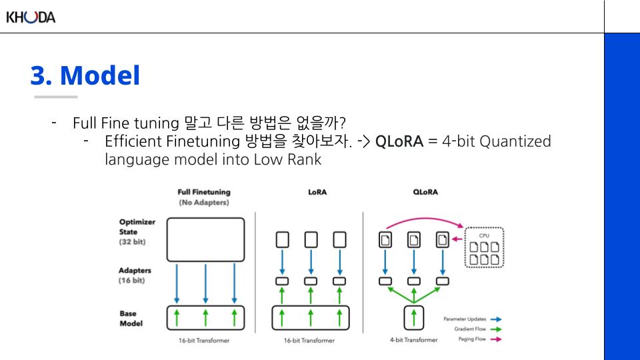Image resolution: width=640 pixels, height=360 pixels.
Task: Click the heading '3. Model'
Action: pos(85,76)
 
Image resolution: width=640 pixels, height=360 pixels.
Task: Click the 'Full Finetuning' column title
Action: pos(204,192)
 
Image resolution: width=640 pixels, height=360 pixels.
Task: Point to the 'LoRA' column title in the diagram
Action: pos(317,192)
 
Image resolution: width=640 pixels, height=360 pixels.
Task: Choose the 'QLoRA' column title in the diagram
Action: pos(425,192)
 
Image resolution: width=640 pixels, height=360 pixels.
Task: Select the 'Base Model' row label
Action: pos(132,318)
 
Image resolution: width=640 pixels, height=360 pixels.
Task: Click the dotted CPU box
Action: pos(484,247)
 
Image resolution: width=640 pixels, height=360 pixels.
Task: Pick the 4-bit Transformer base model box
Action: pos(414,317)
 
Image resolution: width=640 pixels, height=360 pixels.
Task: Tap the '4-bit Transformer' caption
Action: pos(414,340)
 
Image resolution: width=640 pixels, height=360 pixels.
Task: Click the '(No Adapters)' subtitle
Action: pos(204,202)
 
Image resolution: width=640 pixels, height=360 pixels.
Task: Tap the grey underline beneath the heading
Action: pos(55,97)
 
